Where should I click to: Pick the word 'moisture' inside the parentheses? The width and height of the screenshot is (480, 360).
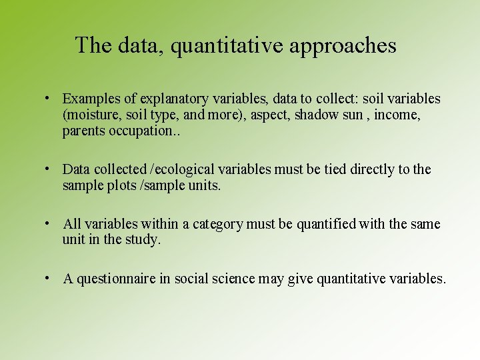point(89,115)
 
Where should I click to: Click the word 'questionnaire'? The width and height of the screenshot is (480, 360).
point(116,279)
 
